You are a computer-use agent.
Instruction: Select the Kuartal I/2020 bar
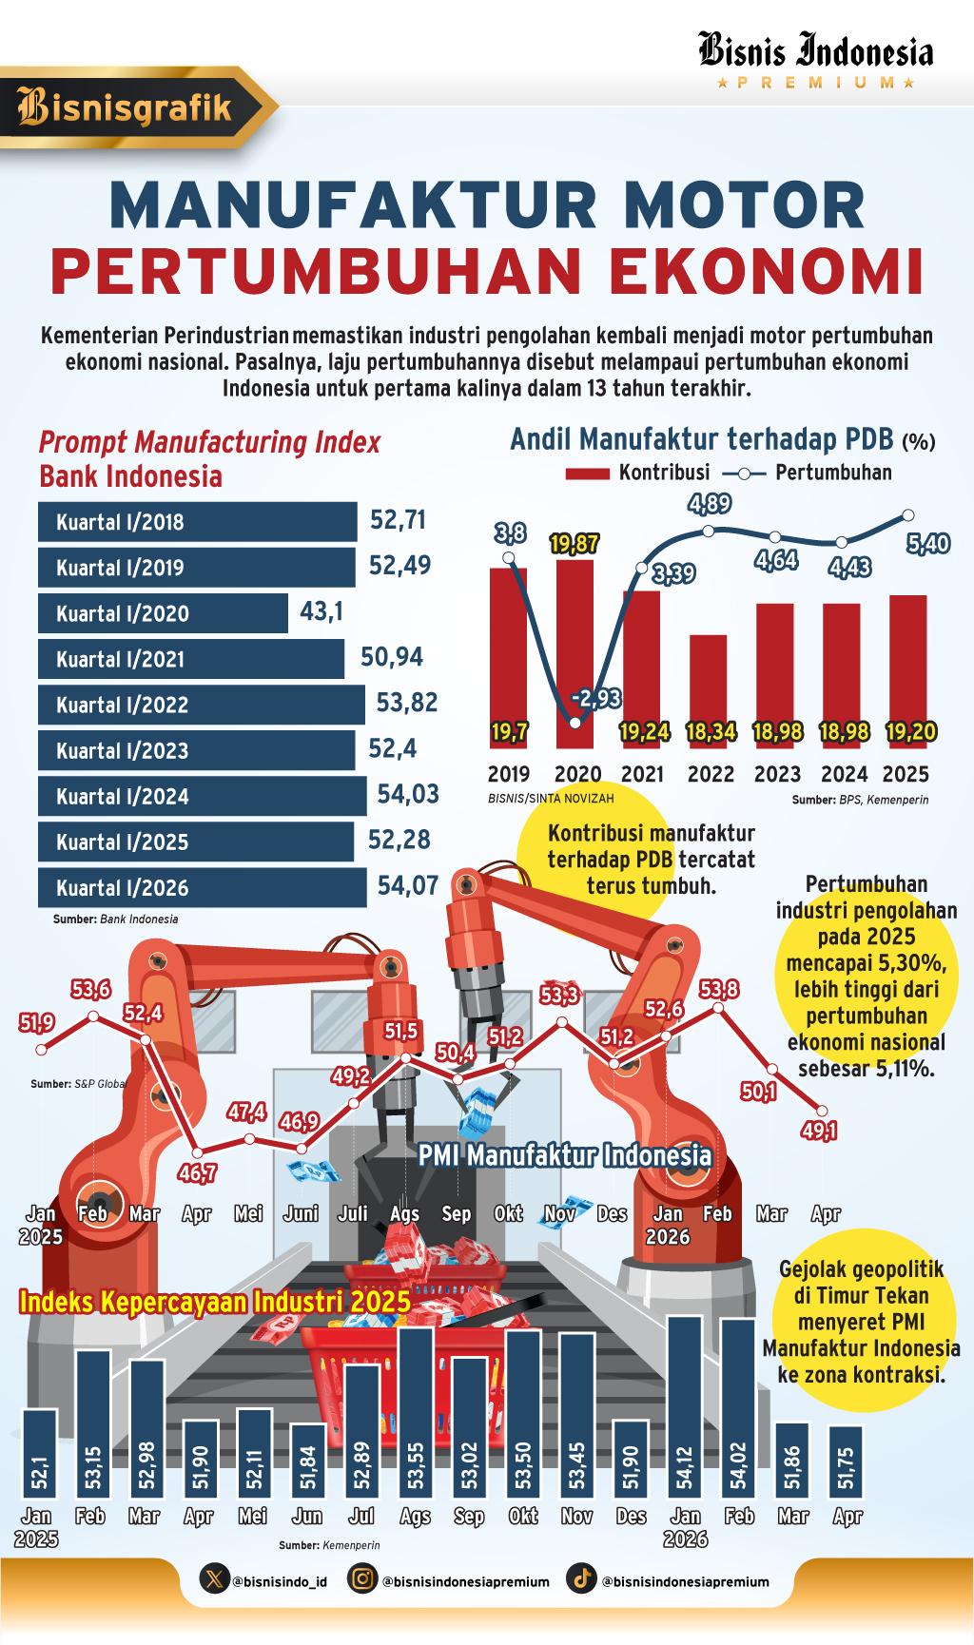click(x=163, y=613)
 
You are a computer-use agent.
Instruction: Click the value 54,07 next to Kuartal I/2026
click(x=408, y=886)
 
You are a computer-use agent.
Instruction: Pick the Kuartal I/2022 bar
click(x=202, y=705)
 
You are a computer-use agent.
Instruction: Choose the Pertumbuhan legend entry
click(x=807, y=472)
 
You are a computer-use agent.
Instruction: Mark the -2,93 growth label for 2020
click(x=595, y=700)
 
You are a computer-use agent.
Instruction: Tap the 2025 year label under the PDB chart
click(x=906, y=774)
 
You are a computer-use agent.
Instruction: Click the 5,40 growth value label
click(x=929, y=544)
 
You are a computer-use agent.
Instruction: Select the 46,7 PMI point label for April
click(x=197, y=1173)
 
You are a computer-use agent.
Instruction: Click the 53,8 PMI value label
click(x=718, y=991)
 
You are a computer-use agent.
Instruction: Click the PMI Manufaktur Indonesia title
click(x=565, y=1156)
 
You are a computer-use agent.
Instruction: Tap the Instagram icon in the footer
click(x=361, y=1580)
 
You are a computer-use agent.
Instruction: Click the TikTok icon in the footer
click(x=578, y=1580)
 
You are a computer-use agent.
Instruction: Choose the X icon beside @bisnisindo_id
click(x=214, y=1580)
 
